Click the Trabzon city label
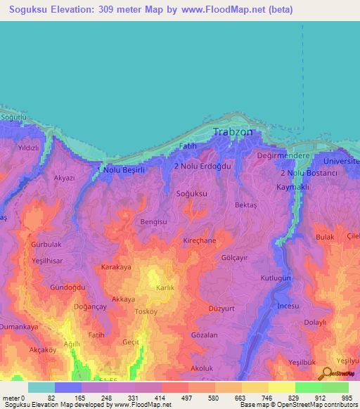[x=237, y=132]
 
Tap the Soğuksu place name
[x=191, y=193]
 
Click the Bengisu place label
[x=155, y=221]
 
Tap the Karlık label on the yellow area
[x=165, y=288]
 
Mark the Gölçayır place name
[x=236, y=258]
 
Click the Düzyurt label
[x=221, y=308]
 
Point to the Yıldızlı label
[x=28, y=148]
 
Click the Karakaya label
[x=117, y=268]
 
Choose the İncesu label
[x=288, y=307]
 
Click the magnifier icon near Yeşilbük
[x=326, y=374]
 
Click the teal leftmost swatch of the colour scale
[x=41, y=387]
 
